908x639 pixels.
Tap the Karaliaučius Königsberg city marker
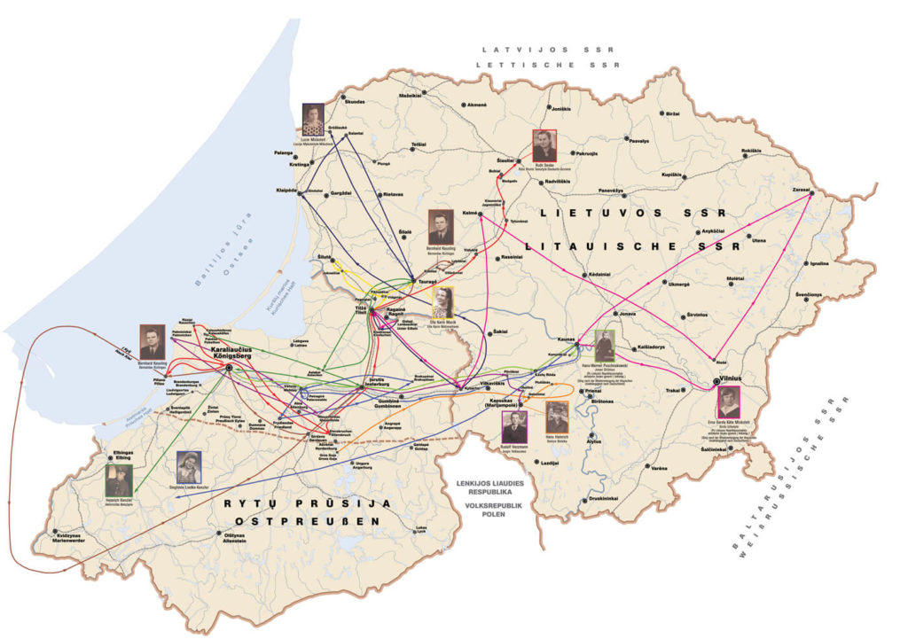(229, 366)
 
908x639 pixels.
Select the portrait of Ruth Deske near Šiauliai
(544, 145)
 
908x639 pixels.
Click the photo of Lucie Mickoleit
(313, 120)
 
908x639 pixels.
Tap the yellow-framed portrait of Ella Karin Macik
(442, 302)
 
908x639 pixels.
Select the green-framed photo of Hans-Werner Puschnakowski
(605, 345)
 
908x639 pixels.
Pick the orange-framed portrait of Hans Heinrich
(556, 417)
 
